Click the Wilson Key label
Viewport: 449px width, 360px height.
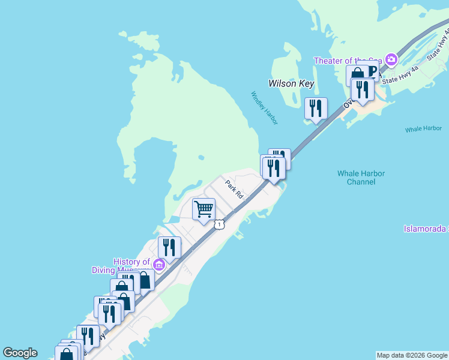[291, 83]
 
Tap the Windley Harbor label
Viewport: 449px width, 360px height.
[264, 108]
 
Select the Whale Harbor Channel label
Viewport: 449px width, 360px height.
[361, 178]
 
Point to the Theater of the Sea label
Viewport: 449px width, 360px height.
[349, 61]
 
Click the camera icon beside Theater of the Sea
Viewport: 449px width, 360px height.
[391, 59]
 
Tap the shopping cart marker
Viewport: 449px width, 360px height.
[203, 209]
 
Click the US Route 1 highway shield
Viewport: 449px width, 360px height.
[220, 224]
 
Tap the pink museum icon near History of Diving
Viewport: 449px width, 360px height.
[159, 265]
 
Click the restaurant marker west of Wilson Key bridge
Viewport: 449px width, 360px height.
[316, 109]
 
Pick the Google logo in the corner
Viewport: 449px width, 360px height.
[20, 353]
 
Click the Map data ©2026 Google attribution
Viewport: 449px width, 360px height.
[412, 355]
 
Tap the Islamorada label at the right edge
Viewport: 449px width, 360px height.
[426, 229]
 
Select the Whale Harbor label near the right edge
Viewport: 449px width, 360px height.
[423, 129]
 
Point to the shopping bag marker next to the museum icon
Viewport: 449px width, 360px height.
[144, 280]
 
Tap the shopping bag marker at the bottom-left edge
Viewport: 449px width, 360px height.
[66, 354]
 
